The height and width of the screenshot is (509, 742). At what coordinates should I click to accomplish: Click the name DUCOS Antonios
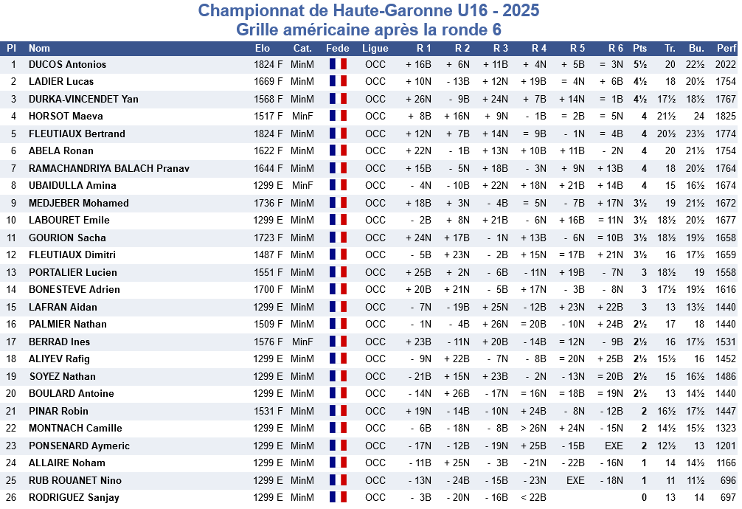pyautogui.click(x=67, y=64)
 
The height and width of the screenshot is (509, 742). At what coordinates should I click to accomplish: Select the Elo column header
pyautogui.click(x=262, y=48)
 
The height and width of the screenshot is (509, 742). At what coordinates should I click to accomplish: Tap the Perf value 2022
pyautogui.click(x=726, y=64)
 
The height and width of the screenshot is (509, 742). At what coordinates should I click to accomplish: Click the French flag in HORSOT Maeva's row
pyautogui.click(x=338, y=116)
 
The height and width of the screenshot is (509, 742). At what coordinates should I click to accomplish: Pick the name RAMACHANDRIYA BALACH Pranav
pyautogui.click(x=109, y=168)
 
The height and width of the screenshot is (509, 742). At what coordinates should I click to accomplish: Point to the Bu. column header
pyautogui.click(x=696, y=48)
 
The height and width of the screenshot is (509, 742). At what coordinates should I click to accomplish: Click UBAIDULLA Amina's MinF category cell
pyautogui.click(x=302, y=186)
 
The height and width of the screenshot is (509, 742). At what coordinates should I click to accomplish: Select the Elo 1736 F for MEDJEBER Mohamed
pyautogui.click(x=268, y=203)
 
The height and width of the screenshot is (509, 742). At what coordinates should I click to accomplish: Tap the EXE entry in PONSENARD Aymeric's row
pyautogui.click(x=614, y=446)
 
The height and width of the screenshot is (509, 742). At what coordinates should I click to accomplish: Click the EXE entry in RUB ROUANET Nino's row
pyautogui.click(x=575, y=480)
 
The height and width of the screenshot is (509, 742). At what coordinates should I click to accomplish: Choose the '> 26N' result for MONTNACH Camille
pyautogui.click(x=533, y=428)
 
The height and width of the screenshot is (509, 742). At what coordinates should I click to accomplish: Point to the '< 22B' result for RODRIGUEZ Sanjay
pyautogui.click(x=533, y=498)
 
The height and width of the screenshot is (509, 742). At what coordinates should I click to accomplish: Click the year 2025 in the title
pyautogui.click(x=521, y=10)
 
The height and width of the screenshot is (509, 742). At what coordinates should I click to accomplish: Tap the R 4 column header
pyautogui.click(x=539, y=48)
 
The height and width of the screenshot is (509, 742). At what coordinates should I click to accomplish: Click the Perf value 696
pyautogui.click(x=728, y=480)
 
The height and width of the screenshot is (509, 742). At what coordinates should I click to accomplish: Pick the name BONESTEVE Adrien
pyautogui.click(x=74, y=289)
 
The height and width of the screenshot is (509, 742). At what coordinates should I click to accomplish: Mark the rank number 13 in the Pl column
pyautogui.click(x=11, y=272)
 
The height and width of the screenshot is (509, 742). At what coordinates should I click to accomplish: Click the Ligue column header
pyautogui.click(x=375, y=48)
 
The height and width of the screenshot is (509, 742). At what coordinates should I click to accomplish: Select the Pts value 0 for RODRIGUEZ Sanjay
pyautogui.click(x=644, y=498)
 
